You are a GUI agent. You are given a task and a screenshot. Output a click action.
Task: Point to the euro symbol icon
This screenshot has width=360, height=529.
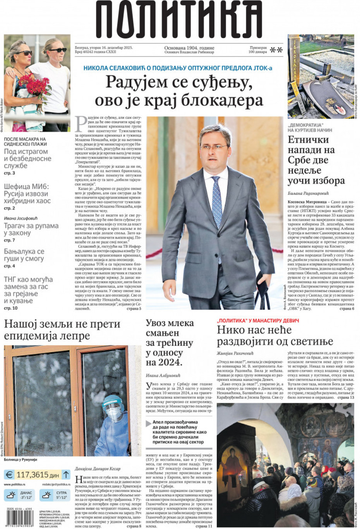pyautogui.click(x=9, y=474)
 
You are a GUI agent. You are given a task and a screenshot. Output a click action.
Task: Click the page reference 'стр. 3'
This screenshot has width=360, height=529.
pyautogui.click(x=9, y=173)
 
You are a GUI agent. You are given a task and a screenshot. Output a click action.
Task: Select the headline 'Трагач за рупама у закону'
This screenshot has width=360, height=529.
pyautogui.click(x=31, y=229)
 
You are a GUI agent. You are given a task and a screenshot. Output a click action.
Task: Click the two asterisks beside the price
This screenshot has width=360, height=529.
pyautogui.click(x=276, y=50)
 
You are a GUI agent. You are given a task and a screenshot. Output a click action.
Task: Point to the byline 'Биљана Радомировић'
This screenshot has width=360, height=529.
pyautogui.click(x=308, y=193)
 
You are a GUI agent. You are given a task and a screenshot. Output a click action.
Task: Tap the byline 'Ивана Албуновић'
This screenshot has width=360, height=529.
pyautogui.click(x=163, y=375)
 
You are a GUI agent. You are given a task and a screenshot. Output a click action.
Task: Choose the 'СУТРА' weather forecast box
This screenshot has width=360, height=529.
pyautogui.click(x=55, y=495)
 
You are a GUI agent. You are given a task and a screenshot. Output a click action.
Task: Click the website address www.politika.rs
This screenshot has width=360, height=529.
pyautogui.click(x=14, y=484)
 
